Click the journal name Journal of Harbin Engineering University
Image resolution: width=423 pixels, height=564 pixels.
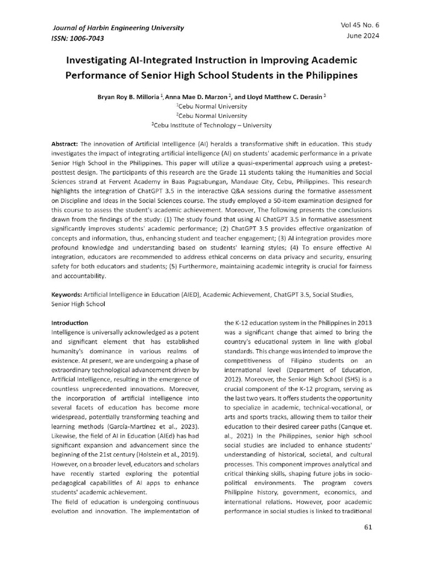point(118,28)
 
